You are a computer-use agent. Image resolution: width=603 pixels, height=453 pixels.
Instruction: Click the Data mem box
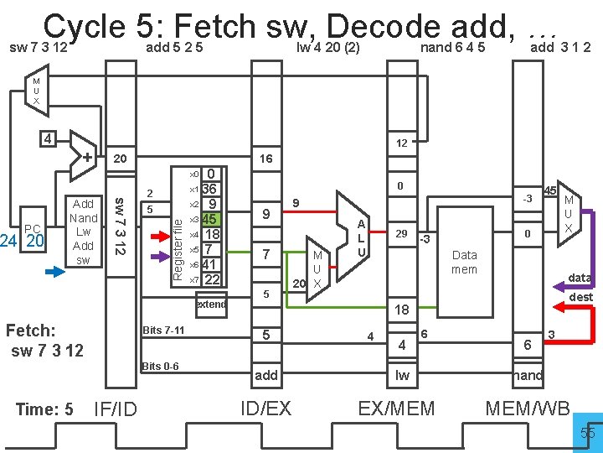coord(463,262)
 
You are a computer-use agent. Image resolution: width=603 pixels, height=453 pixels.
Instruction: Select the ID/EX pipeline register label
coord(265,409)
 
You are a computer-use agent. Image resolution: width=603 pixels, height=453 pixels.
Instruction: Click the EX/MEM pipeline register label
coord(396,409)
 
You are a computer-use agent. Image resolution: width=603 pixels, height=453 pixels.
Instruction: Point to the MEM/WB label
coord(528,409)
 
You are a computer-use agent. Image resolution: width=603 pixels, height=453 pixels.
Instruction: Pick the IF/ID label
coord(116,409)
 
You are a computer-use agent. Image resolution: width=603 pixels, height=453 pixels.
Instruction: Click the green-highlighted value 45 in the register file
coord(211,219)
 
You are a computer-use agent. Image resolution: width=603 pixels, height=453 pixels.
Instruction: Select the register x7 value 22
coord(211,279)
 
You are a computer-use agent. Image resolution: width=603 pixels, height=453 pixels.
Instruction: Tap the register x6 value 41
coord(211,264)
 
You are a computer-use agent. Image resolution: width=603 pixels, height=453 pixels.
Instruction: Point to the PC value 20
coord(35,242)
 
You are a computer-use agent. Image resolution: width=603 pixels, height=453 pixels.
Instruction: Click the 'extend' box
coord(211,304)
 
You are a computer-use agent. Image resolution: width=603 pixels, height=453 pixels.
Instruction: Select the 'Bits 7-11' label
coord(163,331)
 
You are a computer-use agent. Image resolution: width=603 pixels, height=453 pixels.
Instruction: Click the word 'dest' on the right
coord(580,297)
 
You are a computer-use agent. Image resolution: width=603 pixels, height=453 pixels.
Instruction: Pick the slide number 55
coord(587,432)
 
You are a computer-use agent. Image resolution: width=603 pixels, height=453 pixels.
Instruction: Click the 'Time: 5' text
coord(45,409)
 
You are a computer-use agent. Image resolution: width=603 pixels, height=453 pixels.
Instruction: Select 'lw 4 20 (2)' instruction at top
coord(327,48)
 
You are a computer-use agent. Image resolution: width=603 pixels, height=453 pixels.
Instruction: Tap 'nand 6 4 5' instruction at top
coord(452,48)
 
